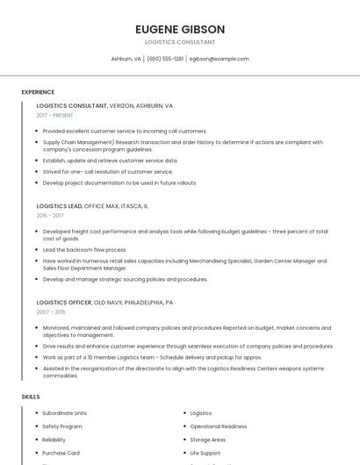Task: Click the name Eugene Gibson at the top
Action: coord(180,29)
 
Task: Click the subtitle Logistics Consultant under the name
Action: coord(180,42)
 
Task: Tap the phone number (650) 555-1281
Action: coord(165,59)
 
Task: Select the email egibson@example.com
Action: coord(220,59)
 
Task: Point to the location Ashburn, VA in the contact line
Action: coord(126,59)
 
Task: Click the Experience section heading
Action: coord(38,92)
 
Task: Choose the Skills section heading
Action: coord(30,397)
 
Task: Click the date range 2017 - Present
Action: coord(54,115)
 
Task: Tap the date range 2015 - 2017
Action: coord(49,215)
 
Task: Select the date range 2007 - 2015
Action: coord(50,311)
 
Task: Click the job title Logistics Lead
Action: coord(59,206)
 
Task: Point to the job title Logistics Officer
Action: coord(63,302)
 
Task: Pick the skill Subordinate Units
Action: coord(64,412)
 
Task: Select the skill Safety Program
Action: coord(61,426)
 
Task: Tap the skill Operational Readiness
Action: coord(218,426)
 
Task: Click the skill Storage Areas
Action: coord(208,440)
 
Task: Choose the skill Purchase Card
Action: coord(61,453)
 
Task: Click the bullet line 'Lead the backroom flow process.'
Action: coord(84,250)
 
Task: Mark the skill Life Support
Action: coord(206,453)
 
